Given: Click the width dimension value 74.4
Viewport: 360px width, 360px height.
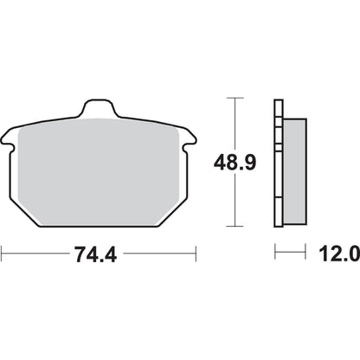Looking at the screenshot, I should click(99, 254).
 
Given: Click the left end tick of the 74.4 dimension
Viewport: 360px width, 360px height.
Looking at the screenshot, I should click(3, 254).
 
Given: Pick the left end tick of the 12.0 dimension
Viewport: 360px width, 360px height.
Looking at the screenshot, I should click(275, 254).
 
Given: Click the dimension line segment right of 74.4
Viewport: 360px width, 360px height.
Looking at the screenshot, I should click(160, 254).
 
